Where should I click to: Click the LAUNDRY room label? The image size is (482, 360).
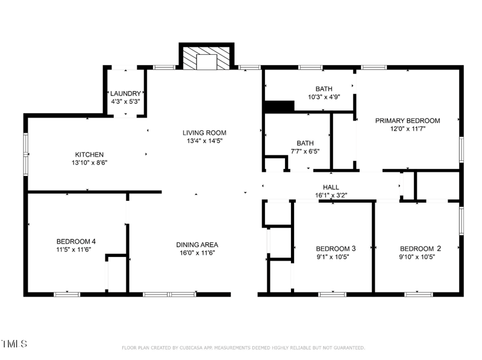point(125,93)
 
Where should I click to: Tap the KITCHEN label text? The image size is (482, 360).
point(89,154)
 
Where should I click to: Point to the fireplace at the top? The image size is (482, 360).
point(207,58)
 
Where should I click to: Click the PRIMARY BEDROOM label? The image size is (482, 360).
point(407,121)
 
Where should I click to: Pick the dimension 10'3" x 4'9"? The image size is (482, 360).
point(324,97)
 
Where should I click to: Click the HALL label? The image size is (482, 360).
point(331,187)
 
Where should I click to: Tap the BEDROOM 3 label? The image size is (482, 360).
point(336,248)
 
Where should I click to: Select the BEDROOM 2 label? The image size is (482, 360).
point(421,248)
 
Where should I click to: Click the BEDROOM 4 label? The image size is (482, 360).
point(76,242)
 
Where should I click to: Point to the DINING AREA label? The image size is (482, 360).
point(197,245)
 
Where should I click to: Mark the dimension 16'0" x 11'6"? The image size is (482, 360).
point(197,253)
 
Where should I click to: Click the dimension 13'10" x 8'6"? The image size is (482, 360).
point(89,162)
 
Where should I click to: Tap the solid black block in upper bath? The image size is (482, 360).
point(279,106)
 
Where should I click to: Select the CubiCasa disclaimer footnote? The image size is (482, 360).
point(243,348)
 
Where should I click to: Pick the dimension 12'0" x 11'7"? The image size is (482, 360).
point(407,128)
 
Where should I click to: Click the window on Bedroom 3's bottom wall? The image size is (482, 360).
point(333,294)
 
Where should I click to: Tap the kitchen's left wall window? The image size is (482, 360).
point(25,154)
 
